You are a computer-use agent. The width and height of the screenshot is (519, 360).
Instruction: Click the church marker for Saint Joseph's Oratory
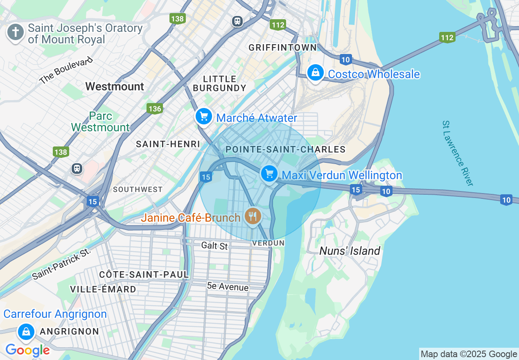coord(16,32)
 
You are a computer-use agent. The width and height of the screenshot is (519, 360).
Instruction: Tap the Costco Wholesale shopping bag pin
coord(315,73)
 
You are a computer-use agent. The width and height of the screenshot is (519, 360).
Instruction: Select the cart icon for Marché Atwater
coord(203,117)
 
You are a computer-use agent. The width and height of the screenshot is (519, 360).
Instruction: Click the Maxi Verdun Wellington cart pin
coord(269,174)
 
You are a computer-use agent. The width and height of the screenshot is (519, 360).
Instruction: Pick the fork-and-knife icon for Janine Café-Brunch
coord(253,216)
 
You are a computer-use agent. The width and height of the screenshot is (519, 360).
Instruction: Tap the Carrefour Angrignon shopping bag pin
coord(26,331)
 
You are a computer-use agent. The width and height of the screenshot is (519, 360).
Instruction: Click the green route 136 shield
coord(155,108)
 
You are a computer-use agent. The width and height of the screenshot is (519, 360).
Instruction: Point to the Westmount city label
coord(115,86)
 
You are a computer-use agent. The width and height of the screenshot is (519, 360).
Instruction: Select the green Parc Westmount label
coord(100,122)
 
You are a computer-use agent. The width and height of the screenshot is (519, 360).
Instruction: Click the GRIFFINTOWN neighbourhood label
coord(283,48)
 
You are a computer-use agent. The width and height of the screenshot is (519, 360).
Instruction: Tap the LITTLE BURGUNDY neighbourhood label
coord(219,83)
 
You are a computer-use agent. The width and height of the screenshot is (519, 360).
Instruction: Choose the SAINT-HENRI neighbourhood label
coord(168,144)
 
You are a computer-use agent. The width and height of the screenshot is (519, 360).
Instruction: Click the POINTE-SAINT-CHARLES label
coord(285,149)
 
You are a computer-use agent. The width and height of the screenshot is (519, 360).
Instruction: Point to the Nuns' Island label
coord(350,251)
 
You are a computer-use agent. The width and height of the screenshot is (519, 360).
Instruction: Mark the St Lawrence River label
coord(458,153)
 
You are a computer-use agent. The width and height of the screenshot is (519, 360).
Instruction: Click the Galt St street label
coord(214,246)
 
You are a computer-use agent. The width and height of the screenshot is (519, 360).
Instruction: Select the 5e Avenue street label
coord(228,287)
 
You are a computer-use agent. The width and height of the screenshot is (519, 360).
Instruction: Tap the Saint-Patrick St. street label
coord(61,264)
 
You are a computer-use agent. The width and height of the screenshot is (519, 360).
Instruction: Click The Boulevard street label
coord(66,71)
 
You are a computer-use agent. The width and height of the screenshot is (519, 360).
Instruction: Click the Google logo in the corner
coord(27,350)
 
